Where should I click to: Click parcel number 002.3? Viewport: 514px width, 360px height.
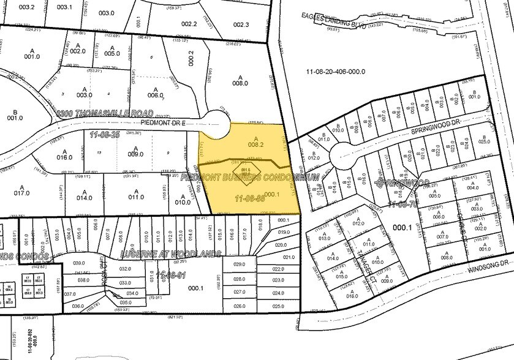pyautogui.click(x=241, y=24)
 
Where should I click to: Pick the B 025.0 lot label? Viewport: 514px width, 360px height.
pyautogui.click(x=485, y=140)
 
